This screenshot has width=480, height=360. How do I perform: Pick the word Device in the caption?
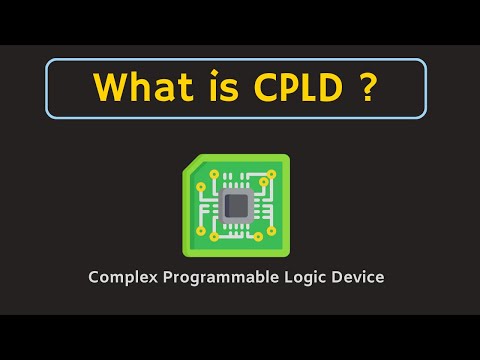coord(359,277)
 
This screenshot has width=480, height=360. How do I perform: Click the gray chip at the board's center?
coord(237,205)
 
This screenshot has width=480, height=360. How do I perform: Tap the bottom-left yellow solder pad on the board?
coord(201,231)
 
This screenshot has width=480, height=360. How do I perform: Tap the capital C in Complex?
coord(92,277)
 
